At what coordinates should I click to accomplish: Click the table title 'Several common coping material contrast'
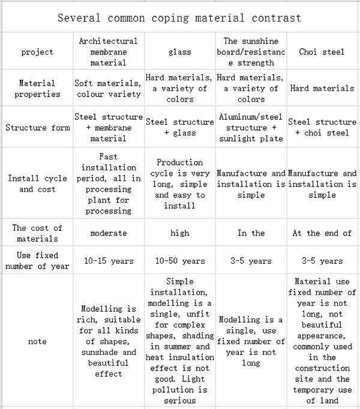click(x=179, y=17)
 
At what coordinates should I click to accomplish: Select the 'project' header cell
click(x=37, y=52)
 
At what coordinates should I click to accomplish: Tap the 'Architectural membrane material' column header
click(x=108, y=52)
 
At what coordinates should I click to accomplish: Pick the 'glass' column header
click(x=179, y=52)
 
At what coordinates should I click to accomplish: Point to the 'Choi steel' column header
click(x=322, y=52)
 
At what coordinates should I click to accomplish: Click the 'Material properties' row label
click(x=37, y=89)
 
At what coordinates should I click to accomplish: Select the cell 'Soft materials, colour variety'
click(x=108, y=89)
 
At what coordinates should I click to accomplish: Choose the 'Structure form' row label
click(x=37, y=128)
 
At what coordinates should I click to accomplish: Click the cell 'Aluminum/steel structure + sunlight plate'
click(x=251, y=128)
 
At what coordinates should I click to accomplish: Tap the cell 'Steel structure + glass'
click(x=179, y=127)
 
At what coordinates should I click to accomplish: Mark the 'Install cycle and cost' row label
click(x=37, y=184)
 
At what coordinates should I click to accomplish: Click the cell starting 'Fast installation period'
click(x=108, y=184)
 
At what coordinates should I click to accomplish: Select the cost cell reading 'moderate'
click(x=108, y=233)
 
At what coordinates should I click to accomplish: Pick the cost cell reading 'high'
click(x=179, y=233)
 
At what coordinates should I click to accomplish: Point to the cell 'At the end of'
click(x=322, y=233)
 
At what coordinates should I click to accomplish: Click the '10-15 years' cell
click(x=108, y=261)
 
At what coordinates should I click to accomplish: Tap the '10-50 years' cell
click(x=179, y=261)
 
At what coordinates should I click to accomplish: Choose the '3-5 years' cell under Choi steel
click(x=322, y=261)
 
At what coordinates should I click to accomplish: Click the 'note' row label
click(x=37, y=341)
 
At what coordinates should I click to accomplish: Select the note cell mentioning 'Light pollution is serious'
click(x=179, y=341)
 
